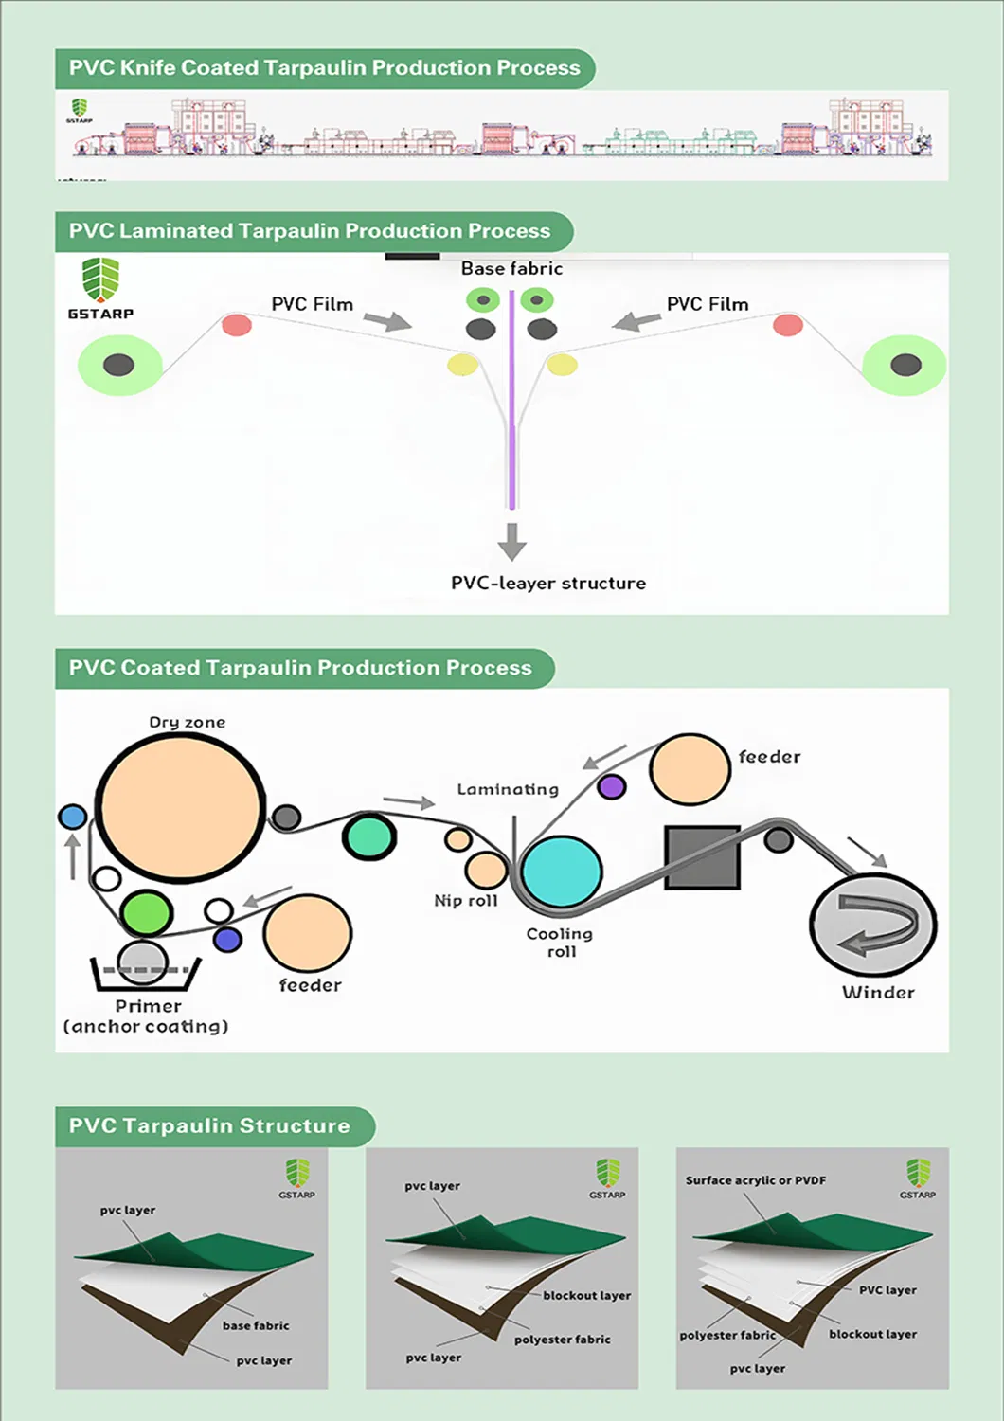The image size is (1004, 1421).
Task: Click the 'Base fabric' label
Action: (511, 269)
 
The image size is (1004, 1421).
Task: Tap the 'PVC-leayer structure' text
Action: (548, 584)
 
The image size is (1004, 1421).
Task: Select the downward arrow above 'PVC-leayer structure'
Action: (512, 541)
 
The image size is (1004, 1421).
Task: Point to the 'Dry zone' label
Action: (188, 723)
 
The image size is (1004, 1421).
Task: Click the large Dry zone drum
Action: (180, 810)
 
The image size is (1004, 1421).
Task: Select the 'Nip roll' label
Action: (466, 901)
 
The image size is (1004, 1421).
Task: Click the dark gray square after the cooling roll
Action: (702, 857)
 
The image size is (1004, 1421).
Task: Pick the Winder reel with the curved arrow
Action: (872, 926)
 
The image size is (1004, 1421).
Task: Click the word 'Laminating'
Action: (508, 789)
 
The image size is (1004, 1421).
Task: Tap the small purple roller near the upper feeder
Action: (612, 786)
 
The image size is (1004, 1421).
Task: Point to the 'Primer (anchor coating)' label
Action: (147, 1016)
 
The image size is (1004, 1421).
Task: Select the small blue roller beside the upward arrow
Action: (72, 817)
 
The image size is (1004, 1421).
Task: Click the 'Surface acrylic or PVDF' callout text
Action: (756, 1180)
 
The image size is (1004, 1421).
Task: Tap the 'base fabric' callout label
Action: (256, 1325)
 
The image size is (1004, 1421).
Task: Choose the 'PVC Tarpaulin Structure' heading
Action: (209, 1126)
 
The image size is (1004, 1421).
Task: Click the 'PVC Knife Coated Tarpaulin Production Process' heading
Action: (324, 68)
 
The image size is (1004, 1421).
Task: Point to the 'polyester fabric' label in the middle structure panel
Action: (562, 1340)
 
